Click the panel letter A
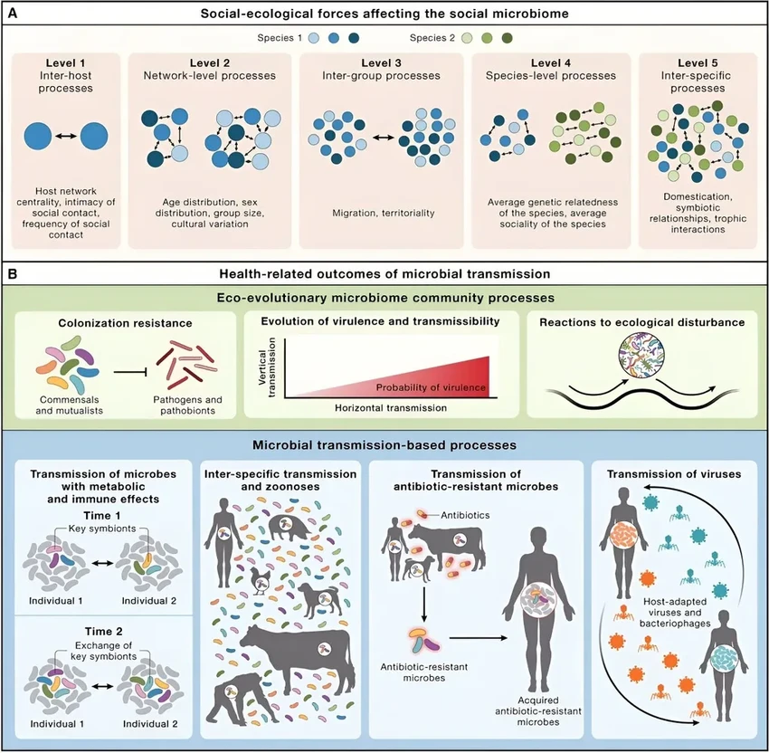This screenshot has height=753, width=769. (x=16, y=14)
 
